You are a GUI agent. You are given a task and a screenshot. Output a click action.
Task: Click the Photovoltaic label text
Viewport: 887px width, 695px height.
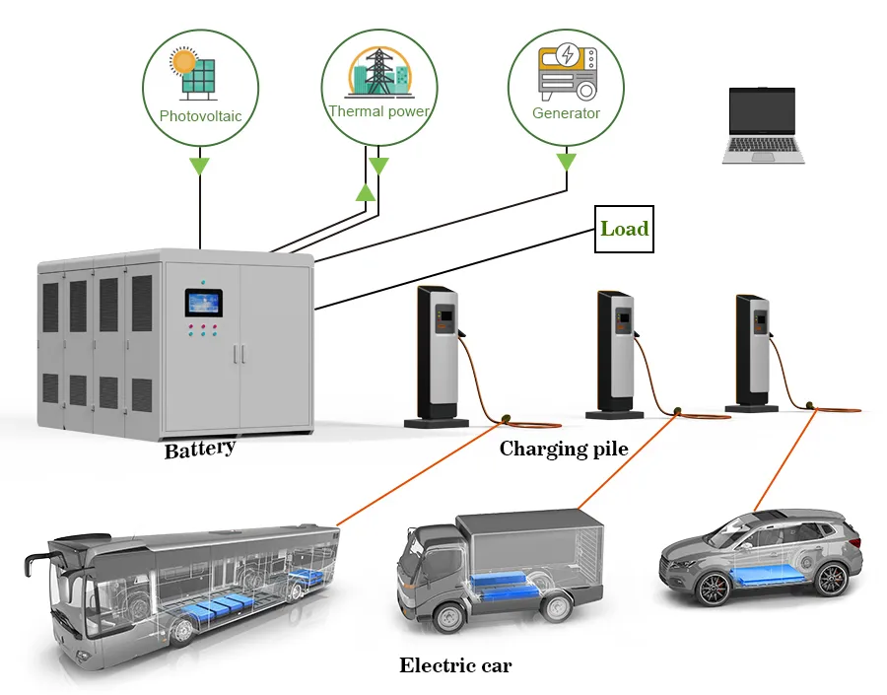coord(200,116)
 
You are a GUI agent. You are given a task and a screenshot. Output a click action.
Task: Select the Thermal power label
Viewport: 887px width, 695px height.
coord(379,111)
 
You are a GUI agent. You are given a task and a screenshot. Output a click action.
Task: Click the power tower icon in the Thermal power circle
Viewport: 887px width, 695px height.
coord(379,71)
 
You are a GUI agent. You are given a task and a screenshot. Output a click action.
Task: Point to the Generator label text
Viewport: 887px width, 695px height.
coord(566,113)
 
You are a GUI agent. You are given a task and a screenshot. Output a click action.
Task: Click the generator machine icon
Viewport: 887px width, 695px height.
coord(566,72)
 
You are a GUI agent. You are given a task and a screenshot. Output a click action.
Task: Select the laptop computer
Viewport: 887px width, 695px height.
coord(764,125)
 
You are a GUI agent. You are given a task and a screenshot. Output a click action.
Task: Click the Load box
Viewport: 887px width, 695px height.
coord(625,229)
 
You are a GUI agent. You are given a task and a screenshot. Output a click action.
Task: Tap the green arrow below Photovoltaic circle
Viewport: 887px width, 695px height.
coord(200,164)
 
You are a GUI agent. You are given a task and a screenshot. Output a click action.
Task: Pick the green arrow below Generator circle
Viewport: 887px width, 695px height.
coord(567,161)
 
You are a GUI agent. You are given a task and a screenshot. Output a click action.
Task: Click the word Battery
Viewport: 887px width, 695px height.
coord(200,449)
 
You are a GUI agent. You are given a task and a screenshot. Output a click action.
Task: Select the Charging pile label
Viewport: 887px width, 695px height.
coord(564,450)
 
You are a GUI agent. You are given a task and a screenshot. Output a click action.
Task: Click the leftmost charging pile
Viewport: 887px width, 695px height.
coord(437,355)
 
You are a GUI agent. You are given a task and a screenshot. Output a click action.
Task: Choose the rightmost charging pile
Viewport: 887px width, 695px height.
coord(753,351)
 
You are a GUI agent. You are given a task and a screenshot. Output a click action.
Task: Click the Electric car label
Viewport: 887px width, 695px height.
coord(455,665)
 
